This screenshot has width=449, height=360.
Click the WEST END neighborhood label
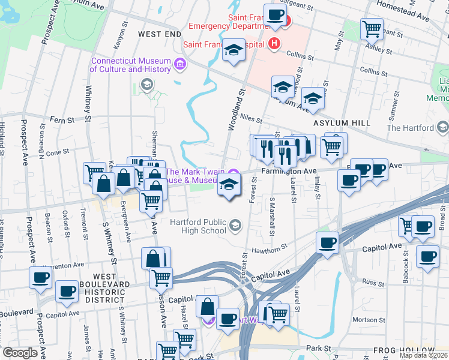tap(158, 34)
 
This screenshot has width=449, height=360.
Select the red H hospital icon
tap(275, 44)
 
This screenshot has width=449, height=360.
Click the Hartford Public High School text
tap(197, 226)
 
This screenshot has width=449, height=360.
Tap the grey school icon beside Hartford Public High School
tap(235, 226)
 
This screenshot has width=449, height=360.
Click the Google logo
tap(19, 353)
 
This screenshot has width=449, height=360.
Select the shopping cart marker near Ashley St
tap(372, 28)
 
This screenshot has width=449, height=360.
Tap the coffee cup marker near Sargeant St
tap(275, 16)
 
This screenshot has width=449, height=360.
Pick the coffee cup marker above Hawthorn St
tap(328, 243)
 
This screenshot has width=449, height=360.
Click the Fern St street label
tap(62, 120)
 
